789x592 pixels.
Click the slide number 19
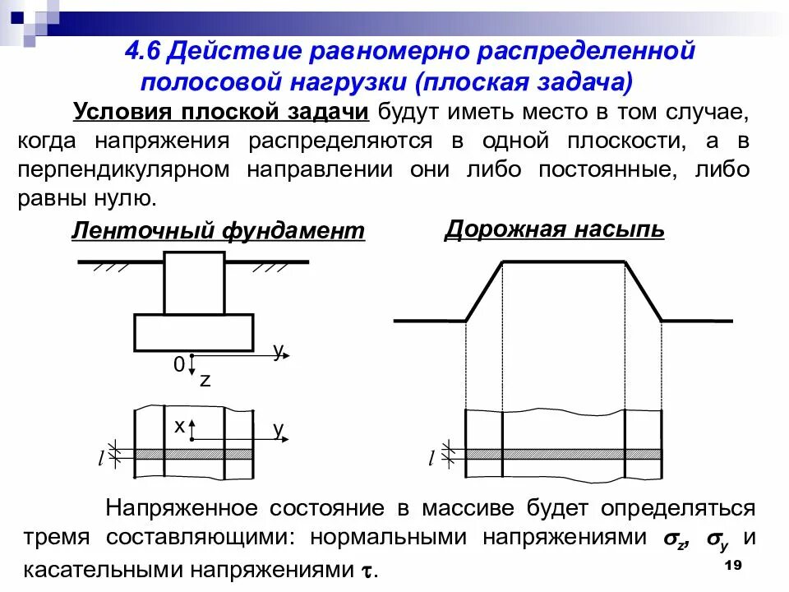tap(734, 567)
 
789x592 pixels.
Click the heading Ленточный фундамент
tap(218, 231)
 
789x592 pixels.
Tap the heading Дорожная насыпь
tap(554, 229)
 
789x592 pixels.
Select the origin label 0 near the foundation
tap(178, 365)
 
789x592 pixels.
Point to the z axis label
tap(205, 380)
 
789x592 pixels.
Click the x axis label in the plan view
tap(178, 425)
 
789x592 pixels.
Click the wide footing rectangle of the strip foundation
tap(194, 332)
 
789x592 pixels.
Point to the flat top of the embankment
tap(564, 261)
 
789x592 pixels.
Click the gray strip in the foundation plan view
tap(194, 454)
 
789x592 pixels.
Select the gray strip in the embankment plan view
tap(564, 454)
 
